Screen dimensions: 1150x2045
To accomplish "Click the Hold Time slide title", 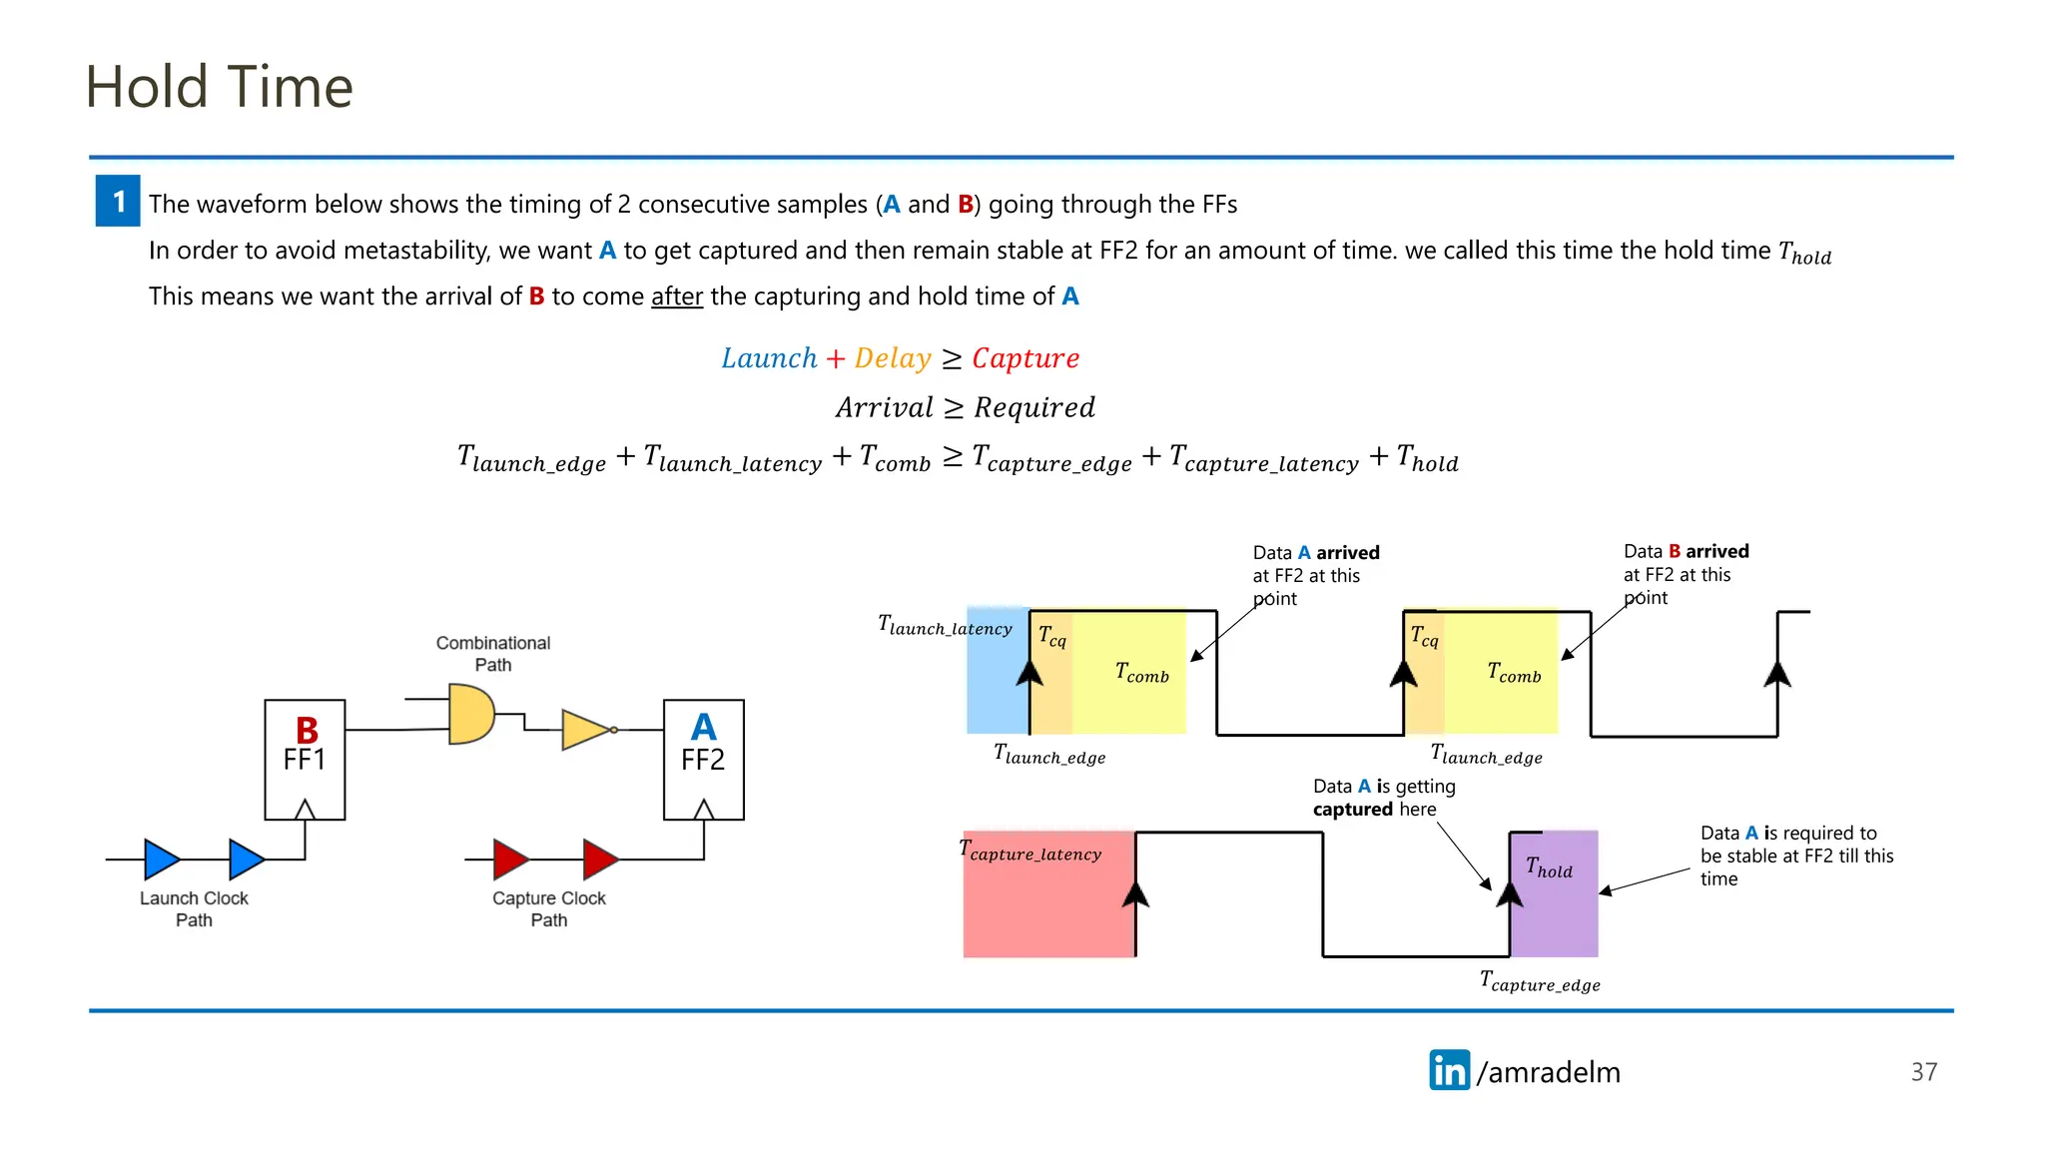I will (x=219, y=87).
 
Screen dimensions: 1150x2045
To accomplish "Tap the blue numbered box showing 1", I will (x=118, y=201).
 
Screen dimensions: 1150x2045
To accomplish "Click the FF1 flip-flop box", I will (x=305, y=760).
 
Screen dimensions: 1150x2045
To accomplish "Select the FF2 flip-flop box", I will (x=703, y=760).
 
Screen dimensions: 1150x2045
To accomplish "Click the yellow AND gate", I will (x=469, y=714).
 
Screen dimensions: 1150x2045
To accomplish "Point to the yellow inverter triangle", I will (x=585, y=730).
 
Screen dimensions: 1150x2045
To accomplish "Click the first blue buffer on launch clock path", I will (x=161, y=859).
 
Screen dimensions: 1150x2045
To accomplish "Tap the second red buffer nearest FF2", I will (x=599, y=859).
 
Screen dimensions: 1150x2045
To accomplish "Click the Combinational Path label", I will (x=492, y=654).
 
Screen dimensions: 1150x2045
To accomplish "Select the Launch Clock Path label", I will (x=194, y=908).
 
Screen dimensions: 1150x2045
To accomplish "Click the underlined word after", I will (x=677, y=296).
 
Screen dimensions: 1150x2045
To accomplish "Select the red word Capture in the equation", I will (x=1025, y=358).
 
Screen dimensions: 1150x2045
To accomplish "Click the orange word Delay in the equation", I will (x=892, y=358).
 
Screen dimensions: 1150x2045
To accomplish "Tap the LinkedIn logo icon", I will (x=1449, y=1070).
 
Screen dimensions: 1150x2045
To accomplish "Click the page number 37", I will (x=1923, y=1072).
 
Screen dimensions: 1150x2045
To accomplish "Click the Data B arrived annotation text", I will (x=1686, y=574).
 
